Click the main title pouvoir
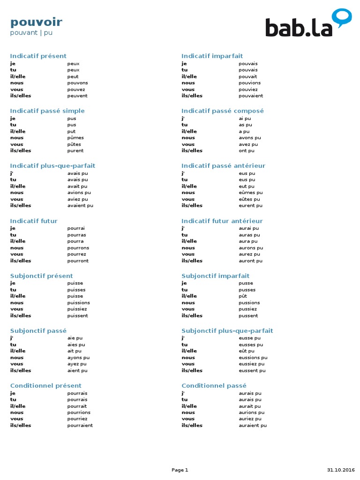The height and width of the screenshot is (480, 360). pyautogui.click(x=36, y=22)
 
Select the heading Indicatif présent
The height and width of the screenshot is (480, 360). pyautogui.click(x=38, y=56)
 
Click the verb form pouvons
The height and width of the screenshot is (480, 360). pyautogui.click(x=77, y=83)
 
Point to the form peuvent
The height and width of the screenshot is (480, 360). pyautogui.click(x=77, y=96)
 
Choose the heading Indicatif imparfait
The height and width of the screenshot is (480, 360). pyautogui.click(x=212, y=56)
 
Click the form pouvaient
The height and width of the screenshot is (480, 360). pyautogui.click(x=251, y=96)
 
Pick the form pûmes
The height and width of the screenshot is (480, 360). pyautogui.click(x=75, y=138)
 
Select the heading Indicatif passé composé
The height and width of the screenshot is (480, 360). pyautogui.click(x=223, y=111)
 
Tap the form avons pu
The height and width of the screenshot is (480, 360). pyautogui.click(x=250, y=138)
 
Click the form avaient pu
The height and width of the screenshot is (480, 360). pyautogui.click(x=80, y=205)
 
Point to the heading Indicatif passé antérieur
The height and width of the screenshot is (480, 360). pyautogui.click(x=223, y=165)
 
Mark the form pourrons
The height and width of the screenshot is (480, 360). pyautogui.click(x=78, y=248)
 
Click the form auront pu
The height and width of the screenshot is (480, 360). pyautogui.click(x=250, y=261)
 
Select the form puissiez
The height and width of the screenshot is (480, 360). pyautogui.click(x=77, y=309)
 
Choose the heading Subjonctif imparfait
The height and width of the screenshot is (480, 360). pyautogui.click(x=216, y=276)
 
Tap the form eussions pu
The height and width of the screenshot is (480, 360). pyautogui.click(x=253, y=358)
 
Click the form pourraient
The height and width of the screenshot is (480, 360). pyautogui.click(x=80, y=426)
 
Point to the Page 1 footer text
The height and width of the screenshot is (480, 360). pyautogui.click(x=180, y=470)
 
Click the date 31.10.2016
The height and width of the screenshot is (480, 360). pyautogui.click(x=341, y=470)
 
